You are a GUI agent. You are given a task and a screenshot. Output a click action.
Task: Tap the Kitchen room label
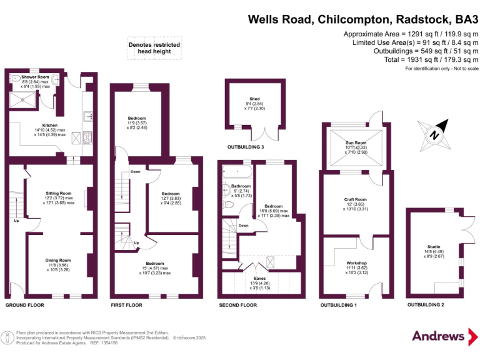(50, 125)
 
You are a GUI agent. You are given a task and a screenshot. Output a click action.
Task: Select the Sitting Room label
(59, 193)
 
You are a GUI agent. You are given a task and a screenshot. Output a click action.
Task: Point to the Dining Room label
(57, 260)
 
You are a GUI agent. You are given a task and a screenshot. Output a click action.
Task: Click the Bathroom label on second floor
(241, 186)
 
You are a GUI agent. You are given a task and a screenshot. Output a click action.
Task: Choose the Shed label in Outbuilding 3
(254, 99)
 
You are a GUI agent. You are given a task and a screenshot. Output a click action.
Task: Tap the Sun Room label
(356, 142)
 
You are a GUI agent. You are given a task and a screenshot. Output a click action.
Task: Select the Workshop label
(356, 263)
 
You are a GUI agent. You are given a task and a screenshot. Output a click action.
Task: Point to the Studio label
(434, 246)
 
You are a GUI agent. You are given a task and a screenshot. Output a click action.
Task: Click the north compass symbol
(434, 134)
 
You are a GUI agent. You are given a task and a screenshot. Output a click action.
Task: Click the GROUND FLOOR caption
(24, 306)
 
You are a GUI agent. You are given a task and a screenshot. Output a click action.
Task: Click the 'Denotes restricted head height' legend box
(154, 49)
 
